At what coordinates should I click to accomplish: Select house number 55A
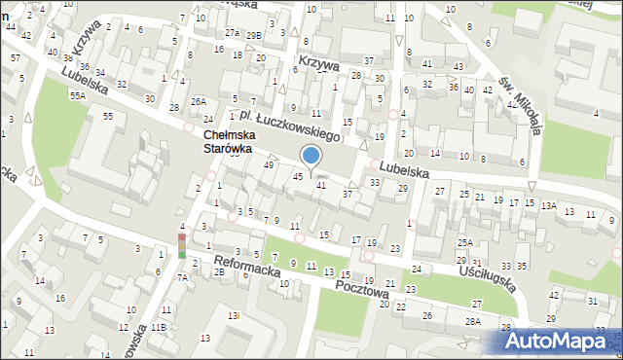click(78, 96)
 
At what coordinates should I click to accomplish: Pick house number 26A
click(199, 101)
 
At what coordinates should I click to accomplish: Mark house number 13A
click(549, 206)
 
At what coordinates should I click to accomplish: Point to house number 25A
click(466, 243)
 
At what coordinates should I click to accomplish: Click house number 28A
click(473, 321)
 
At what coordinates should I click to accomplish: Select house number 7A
click(182, 277)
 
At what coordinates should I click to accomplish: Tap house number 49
click(269, 165)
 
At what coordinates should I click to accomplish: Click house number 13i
click(234, 317)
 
